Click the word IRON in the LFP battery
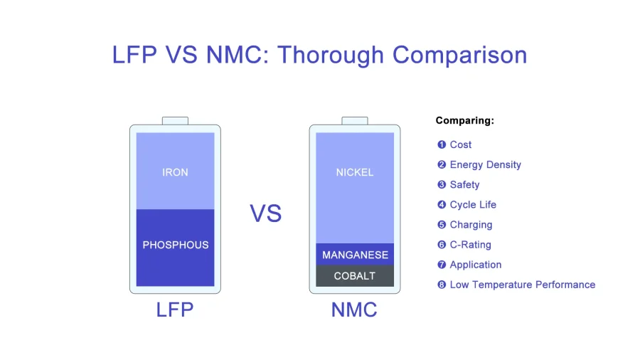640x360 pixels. (175, 172)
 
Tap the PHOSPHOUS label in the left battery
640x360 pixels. (176, 245)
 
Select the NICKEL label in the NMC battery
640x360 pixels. (355, 172)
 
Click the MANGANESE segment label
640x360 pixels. (355, 255)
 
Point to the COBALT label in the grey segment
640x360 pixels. (355, 276)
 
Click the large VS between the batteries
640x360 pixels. (266, 213)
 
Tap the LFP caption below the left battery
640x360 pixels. (175, 309)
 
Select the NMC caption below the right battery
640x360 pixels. (354, 309)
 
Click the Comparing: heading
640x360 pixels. (465, 120)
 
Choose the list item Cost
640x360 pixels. (460, 144)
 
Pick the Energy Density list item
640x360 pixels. (485, 165)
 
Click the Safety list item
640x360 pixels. (464, 185)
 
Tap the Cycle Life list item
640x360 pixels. (473, 205)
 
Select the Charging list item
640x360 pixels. (471, 225)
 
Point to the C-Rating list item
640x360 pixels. (470, 245)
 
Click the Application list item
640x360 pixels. (476, 265)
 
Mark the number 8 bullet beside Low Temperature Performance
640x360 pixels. (442, 285)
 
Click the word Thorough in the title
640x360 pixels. (331, 55)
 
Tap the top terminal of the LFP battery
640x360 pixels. (175, 121)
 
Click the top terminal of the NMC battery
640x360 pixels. (355, 121)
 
